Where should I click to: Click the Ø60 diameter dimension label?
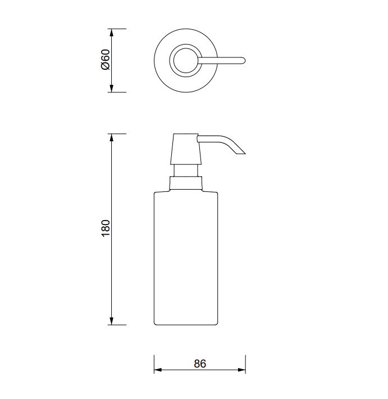(105, 60)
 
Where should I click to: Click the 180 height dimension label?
(106, 228)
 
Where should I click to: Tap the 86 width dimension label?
(200, 364)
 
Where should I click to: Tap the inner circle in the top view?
(185, 60)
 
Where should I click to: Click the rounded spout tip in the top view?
(243, 60)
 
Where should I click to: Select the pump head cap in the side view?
(185, 149)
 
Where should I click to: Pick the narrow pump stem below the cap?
(186, 171)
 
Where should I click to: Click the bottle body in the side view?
(186, 259)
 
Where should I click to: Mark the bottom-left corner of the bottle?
(155, 324)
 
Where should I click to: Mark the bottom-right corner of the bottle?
(217, 324)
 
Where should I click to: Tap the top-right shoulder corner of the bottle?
(216, 192)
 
